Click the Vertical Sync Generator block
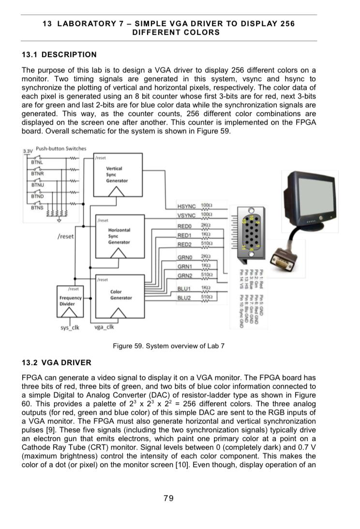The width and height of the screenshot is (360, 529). [118, 175]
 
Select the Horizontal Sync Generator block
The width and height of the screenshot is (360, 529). [119, 235]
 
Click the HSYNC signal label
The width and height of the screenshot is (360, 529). [186, 208]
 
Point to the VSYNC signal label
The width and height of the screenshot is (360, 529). [186, 216]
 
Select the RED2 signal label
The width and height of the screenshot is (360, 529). [185, 244]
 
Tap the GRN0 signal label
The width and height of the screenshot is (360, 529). [185, 257]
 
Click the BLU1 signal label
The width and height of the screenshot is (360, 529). [185, 289]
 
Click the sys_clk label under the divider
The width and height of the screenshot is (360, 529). [69, 327]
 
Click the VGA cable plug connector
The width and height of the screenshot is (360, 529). [281, 262]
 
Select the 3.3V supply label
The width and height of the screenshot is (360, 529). [28, 151]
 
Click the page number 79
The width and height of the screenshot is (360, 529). [168, 499]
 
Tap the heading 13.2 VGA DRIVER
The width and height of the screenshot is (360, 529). [56, 362]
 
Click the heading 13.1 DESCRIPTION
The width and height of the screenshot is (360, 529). [59, 55]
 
